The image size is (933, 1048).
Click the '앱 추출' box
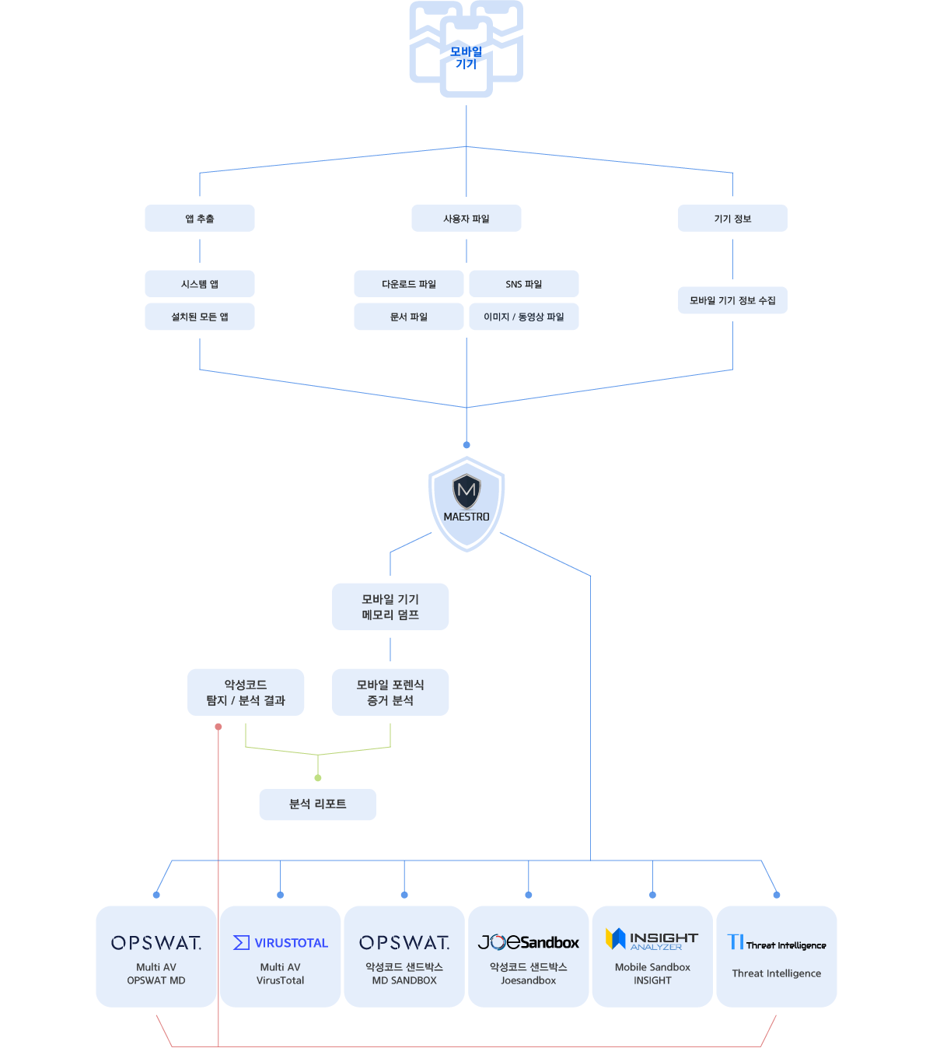click(200, 219)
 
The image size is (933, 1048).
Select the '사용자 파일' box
click(466, 219)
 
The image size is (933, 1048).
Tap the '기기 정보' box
click(732, 219)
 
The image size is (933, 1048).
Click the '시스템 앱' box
click(200, 284)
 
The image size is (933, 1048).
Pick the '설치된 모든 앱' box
click(200, 317)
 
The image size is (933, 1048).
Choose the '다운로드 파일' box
click(409, 284)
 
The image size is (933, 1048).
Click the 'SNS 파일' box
click(524, 284)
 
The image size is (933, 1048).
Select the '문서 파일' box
click(409, 317)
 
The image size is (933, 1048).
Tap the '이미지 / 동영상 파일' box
click(524, 317)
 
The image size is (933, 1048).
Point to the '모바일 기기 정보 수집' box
click(732, 300)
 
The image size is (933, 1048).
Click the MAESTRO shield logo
click(466, 503)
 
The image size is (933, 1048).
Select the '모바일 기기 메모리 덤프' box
click(390, 607)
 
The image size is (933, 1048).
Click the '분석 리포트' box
click(317, 804)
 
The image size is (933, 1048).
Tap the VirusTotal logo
click(280, 942)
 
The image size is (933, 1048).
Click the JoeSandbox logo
click(529, 942)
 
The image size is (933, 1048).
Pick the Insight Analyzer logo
click(652, 939)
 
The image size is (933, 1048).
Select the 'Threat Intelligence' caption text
click(776, 973)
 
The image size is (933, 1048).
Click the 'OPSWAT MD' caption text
click(156, 980)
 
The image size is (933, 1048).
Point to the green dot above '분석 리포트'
click(318, 778)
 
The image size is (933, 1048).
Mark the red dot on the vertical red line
click(218, 727)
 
